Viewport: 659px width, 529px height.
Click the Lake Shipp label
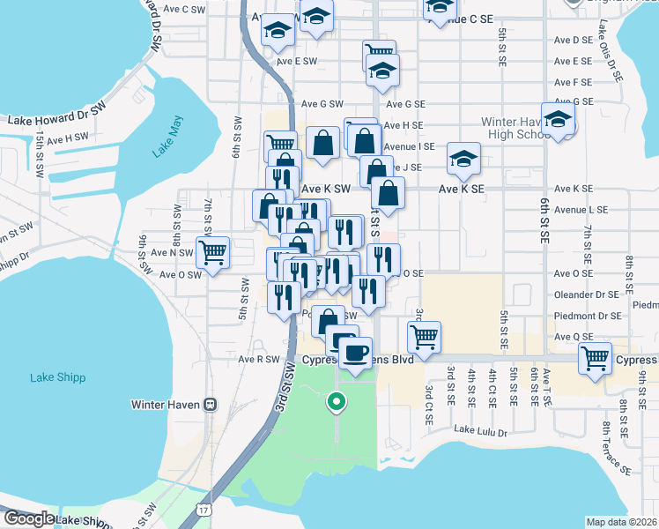[x=57, y=377]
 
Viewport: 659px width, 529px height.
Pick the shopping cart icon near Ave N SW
[x=212, y=252]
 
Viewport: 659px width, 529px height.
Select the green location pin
[x=336, y=402]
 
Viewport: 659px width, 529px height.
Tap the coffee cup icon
[x=356, y=353]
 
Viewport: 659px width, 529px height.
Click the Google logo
[x=28, y=518]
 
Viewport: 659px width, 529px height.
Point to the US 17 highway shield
[x=204, y=510]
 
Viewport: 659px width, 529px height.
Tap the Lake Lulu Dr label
[x=481, y=431]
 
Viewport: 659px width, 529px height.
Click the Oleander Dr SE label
[x=586, y=294]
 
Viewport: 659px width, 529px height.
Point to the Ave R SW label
[x=258, y=360]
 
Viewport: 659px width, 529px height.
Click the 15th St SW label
[x=40, y=156]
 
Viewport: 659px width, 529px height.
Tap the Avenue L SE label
[x=581, y=210]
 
